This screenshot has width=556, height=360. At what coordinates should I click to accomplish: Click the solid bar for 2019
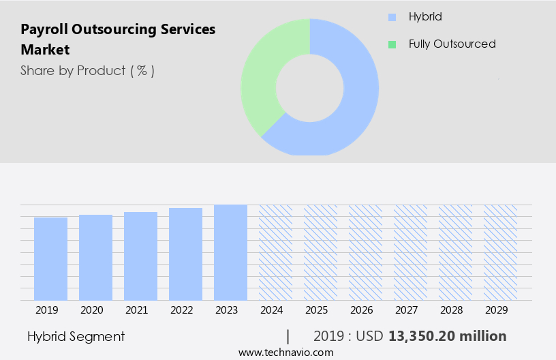pyautogui.click(x=50, y=259)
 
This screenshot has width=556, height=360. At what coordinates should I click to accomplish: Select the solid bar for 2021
pyautogui.click(x=140, y=256)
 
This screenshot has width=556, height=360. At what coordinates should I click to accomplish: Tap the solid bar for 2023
pyautogui.click(x=230, y=252)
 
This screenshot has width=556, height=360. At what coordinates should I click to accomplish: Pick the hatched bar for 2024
pyautogui.click(x=275, y=252)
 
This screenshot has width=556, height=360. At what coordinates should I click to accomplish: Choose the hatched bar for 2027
pyautogui.click(x=410, y=252)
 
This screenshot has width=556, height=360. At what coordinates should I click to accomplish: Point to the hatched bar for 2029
pyautogui.click(x=500, y=252)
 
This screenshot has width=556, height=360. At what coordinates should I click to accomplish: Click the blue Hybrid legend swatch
pyautogui.click(x=392, y=17)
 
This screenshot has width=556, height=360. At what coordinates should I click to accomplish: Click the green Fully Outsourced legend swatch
pyautogui.click(x=392, y=44)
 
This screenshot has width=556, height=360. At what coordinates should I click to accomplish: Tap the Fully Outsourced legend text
pyautogui.click(x=452, y=44)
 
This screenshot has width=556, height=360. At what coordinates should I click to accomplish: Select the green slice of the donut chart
pyautogui.click(x=262, y=75)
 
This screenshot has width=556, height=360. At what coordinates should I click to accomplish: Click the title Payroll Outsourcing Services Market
pyautogui.click(x=117, y=40)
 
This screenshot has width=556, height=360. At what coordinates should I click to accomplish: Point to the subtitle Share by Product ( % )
pyautogui.click(x=87, y=70)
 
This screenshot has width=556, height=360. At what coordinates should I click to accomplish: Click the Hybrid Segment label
pyautogui.click(x=76, y=336)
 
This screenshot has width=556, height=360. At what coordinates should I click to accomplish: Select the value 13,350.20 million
pyautogui.click(x=447, y=336)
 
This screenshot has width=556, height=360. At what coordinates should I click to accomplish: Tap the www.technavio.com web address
pyautogui.click(x=286, y=352)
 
